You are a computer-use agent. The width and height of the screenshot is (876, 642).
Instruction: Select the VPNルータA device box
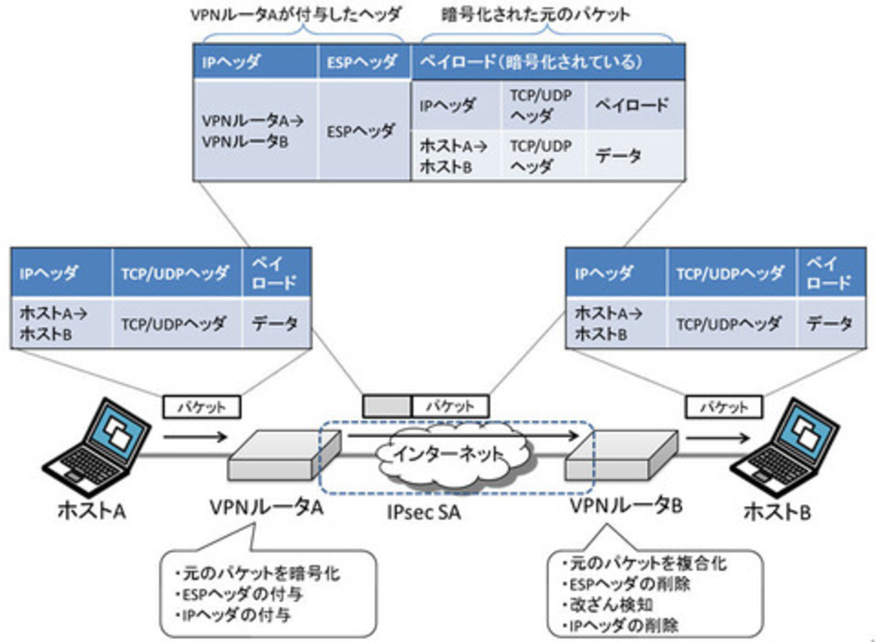(284, 455)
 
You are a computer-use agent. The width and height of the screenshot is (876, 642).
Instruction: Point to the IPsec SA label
(424, 513)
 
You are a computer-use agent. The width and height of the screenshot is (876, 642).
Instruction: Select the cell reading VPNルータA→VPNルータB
(254, 131)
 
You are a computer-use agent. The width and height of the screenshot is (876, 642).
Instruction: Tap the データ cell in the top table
(635, 156)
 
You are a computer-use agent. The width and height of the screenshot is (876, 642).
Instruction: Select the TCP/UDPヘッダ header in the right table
(731, 273)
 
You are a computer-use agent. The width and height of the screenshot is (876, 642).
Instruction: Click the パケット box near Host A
(201, 407)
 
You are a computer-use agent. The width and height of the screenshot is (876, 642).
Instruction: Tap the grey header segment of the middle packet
(387, 406)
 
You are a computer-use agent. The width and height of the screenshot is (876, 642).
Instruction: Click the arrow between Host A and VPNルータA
(195, 437)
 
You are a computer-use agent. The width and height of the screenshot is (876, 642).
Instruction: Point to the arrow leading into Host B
(717, 438)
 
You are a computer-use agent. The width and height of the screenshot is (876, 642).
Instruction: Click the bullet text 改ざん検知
(608, 605)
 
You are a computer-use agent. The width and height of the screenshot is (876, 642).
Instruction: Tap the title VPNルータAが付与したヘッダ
(296, 15)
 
